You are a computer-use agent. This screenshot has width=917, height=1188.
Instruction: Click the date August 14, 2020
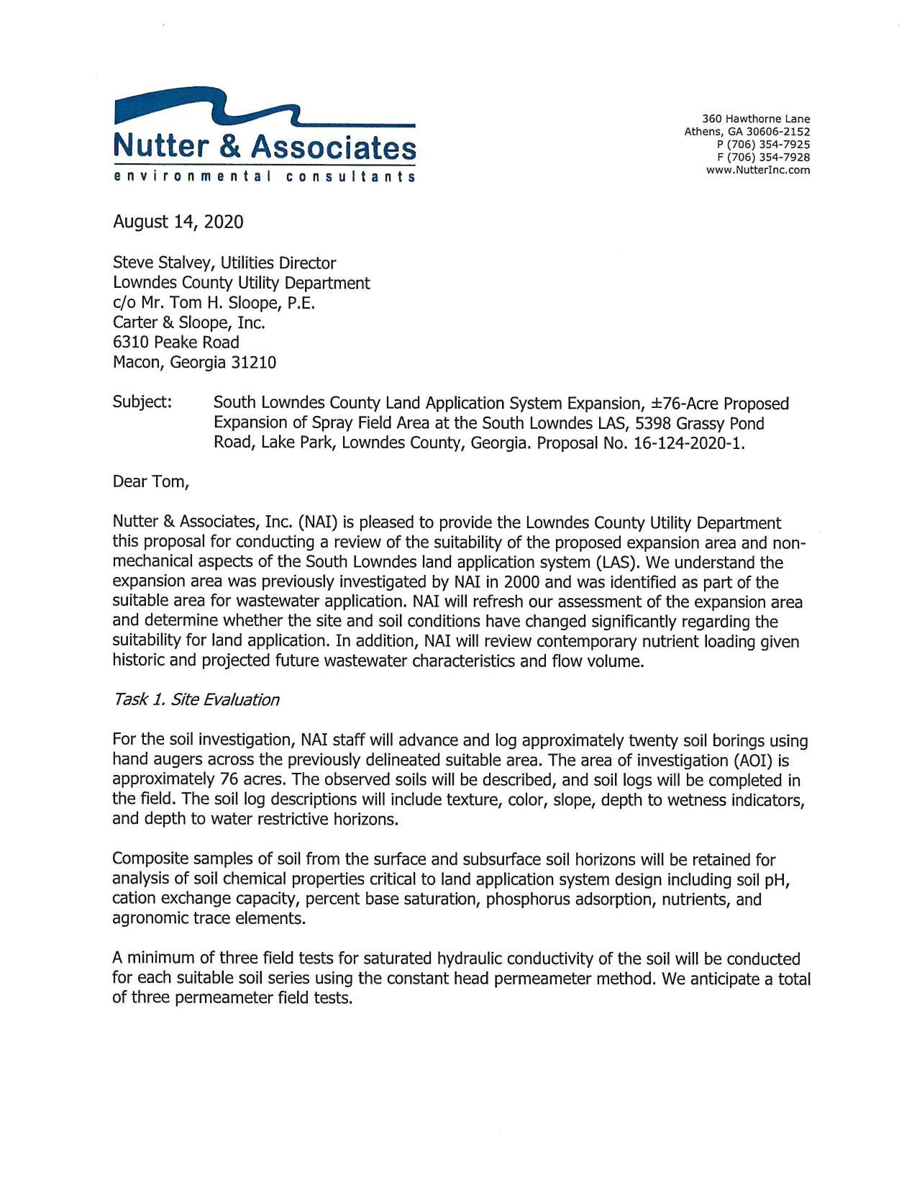click(178, 222)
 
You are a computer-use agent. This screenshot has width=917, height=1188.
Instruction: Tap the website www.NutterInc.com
click(758, 171)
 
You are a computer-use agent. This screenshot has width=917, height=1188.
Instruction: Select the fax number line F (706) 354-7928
click(763, 158)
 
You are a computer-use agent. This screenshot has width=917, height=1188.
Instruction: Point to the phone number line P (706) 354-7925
click(763, 145)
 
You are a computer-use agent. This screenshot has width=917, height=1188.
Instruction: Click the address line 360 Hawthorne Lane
click(756, 119)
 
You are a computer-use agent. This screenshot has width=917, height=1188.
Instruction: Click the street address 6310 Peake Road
click(175, 343)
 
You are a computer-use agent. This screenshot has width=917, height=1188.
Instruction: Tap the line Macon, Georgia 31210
click(194, 363)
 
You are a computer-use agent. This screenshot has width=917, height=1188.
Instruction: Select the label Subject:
click(142, 402)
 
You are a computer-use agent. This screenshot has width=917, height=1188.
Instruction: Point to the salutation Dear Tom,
click(150, 482)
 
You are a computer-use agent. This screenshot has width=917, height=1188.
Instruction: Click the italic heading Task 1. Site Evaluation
click(196, 700)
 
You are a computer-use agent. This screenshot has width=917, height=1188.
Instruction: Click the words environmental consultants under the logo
click(264, 177)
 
